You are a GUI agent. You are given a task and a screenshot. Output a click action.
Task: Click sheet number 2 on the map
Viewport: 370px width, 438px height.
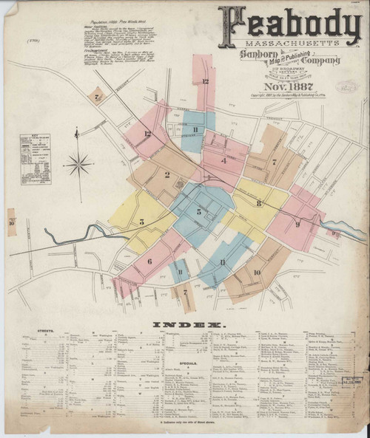(168, 175)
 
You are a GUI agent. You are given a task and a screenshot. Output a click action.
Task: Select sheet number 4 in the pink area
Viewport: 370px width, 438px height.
(223, 160)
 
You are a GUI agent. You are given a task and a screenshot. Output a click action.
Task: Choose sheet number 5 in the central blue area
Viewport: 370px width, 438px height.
(198, 212)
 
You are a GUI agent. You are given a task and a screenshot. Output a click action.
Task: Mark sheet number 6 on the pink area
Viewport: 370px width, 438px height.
(149, 261)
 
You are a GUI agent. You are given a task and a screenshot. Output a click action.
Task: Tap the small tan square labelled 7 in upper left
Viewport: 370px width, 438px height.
(96, 95)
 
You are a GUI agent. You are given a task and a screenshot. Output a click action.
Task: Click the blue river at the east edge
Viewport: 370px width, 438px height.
(346, 226)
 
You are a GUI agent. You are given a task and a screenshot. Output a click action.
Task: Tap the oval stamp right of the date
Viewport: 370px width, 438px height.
(346, 86)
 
